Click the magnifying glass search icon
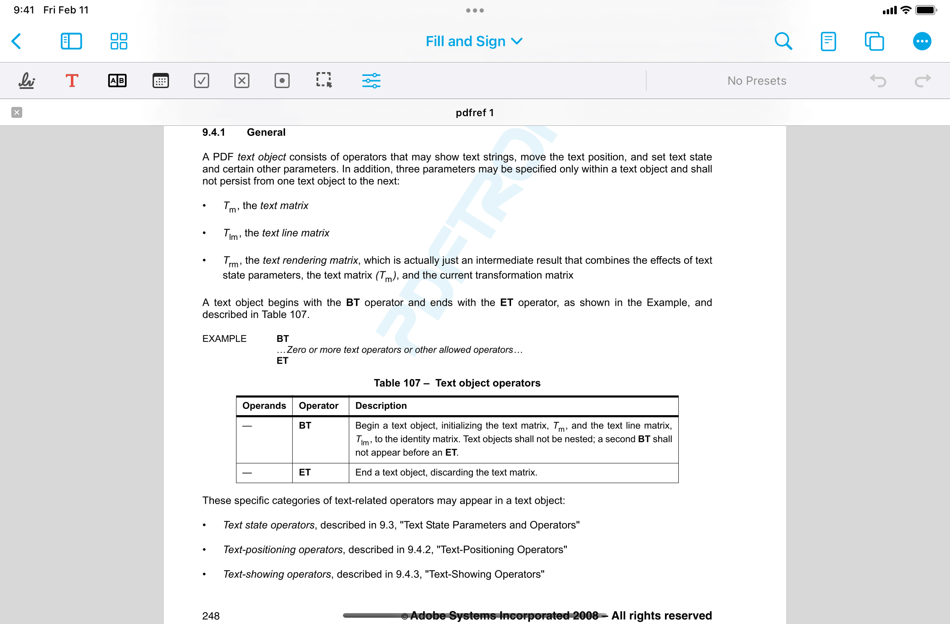[783, 41]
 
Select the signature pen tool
[27, 81]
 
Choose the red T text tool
[72, 81]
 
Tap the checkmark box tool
[201, 81]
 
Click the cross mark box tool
[241, 81]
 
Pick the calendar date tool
[161, 81]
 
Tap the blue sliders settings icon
[371, 81]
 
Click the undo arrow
[878, 81]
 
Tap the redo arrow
[922, 81]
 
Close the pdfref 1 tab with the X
[17, 112]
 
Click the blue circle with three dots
[922, 41]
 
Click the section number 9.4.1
[213, 133]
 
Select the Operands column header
[264, 406]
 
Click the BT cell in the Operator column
[305, 426]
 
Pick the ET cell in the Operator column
[305, 473]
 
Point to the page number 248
[211, 616]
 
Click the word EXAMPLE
[224, 339]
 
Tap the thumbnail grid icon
[119, 41]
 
